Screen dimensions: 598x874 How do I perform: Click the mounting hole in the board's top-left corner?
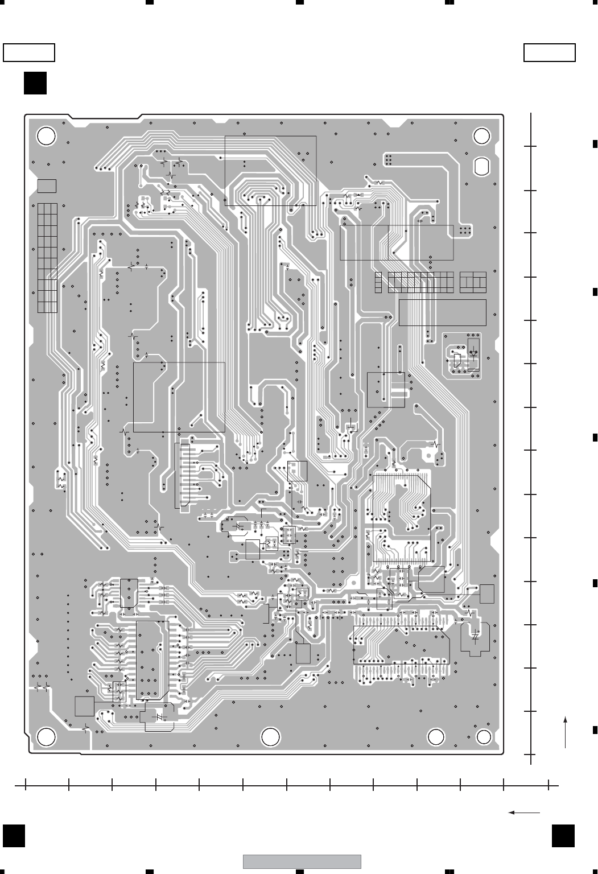click(46, 135)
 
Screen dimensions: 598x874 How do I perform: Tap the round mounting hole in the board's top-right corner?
click(482, 135)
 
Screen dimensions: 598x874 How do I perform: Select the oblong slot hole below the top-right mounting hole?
click(481, 165)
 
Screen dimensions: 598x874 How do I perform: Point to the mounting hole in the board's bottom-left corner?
click(46, 737)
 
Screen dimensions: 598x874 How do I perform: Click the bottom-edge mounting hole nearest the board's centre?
click(271, 737)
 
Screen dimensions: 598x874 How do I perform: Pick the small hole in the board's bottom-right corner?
click(484, 737)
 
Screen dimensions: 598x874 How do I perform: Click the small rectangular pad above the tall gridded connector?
click(47, 186)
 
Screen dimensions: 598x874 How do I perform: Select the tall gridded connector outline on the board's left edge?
click(48, 257)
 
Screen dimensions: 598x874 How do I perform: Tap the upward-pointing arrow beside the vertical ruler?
click(566, 732)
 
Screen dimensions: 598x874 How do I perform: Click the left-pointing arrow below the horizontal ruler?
click(523, 813)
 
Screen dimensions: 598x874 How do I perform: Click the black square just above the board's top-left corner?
click(35, 83)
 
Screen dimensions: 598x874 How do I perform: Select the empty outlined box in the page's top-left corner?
click(29, 52)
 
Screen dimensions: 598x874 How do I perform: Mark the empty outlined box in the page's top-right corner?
click(549, 52)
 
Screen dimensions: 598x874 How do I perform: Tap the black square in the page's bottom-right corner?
click(563, 836)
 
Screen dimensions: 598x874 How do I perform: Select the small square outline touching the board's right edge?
click(487, 593)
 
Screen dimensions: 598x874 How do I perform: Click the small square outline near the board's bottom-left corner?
click(84, 706)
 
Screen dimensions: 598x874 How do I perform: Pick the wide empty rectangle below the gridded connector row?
click(442, 312)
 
